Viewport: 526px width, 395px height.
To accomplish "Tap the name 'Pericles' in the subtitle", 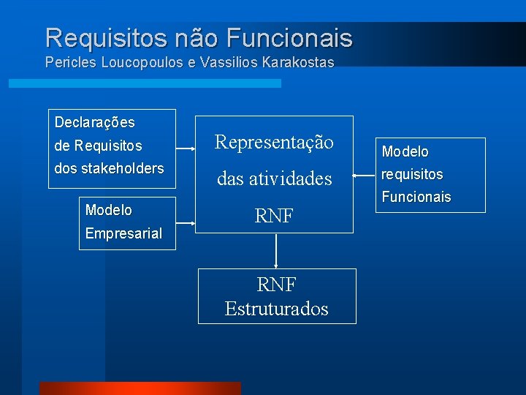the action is (x=69, y=63).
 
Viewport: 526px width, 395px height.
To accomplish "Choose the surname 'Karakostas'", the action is (x=296, y=63).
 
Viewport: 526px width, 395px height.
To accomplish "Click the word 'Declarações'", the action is (x=94, y=122).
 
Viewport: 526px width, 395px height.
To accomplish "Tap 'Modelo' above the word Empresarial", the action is (x=108, y=210).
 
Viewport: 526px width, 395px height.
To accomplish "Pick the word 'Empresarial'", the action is (x=123, y=234).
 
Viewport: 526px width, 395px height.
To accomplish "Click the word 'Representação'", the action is (x=273, y=142).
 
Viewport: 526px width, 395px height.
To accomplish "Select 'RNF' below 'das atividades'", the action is (x=273, y=215).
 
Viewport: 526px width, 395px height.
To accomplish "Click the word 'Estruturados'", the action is (x=276, y=309).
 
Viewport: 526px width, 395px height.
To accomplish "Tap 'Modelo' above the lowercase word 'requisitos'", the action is (x=405, y=152).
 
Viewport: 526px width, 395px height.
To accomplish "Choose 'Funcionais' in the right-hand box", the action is (x=416, y=197).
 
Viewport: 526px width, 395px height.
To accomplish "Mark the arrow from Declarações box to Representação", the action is (x=186, y=149).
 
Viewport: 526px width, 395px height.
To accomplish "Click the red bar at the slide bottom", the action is (x=140, y=388).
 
